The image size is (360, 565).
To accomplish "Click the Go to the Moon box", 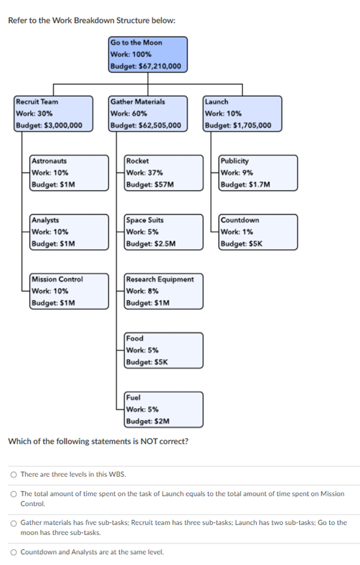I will click(x=148, y=54).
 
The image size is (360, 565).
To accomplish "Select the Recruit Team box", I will click(x=54, y=113).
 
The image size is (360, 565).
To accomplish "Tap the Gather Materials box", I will click(x=148, y=113).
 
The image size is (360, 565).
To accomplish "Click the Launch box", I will click(x=242, y=113).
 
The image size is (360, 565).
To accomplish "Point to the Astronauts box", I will click(x=69, y=173).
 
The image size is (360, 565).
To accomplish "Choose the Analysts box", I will click(x=69, y=232).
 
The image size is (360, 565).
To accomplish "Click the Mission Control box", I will click(x=69, y=291).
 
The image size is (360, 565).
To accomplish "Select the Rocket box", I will click(x=163, y=173).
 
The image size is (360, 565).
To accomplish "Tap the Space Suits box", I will click(x=163, y=232).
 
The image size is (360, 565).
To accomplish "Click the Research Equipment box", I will click(x=163, y=291).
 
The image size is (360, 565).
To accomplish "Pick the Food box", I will click(x=163, y=350).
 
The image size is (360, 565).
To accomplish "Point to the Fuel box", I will click(x=163, y=409).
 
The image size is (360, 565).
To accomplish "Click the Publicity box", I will click(x=257, y=173).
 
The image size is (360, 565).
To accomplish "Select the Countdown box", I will click(x=257, y=232).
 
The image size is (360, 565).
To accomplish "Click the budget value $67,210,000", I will click(x=158, y=66).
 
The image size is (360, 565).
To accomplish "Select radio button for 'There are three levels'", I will click(x=13, y=474).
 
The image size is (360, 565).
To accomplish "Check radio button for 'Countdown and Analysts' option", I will click(x=13, y=552).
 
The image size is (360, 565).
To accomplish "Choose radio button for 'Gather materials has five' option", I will click(x=13, y=523).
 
